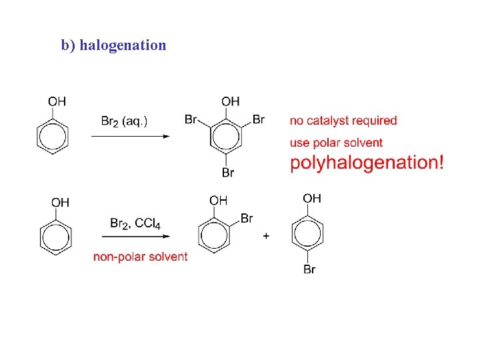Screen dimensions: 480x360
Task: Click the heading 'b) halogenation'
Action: point(113,45)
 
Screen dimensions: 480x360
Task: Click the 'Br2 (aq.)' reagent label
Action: point(125,121)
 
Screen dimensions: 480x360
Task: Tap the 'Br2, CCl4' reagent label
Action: point(135,223)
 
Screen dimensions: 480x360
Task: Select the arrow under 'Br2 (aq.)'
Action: point(131,136)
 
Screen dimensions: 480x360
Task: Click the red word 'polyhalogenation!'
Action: point(367,162)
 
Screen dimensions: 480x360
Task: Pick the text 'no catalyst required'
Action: point(343,121)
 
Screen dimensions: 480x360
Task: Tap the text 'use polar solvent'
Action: point(336,142)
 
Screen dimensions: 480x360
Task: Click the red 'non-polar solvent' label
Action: point(140,257)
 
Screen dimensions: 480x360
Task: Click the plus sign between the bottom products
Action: point(266,236)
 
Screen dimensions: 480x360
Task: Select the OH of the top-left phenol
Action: point(57,101)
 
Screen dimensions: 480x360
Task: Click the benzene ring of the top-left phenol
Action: point(51,137)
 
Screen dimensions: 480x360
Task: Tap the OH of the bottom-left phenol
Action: point(60,203)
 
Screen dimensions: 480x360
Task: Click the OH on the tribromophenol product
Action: point(231,101)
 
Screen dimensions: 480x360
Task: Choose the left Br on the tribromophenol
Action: point(191,120)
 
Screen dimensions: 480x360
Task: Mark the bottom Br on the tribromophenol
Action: point(228,173)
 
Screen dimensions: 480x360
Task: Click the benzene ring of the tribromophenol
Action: point(226,137)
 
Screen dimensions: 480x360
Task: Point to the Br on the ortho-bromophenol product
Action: point(246,218)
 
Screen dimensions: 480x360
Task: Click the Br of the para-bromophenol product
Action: point(309,269)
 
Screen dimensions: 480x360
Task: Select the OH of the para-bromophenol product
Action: point(312,199)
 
